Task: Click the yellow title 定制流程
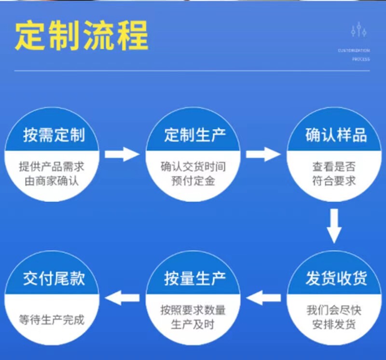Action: point(82,36)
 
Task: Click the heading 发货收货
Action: point(336,278)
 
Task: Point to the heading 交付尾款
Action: point(54,278)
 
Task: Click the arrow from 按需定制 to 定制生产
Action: point(122,154)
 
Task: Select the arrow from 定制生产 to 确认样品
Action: point(263,154)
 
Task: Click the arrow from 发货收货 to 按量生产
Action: point(263,298)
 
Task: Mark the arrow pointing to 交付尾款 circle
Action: point(122,298)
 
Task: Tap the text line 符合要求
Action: point(334,181)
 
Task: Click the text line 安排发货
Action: point(334,324)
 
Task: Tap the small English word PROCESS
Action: point(361,59)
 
